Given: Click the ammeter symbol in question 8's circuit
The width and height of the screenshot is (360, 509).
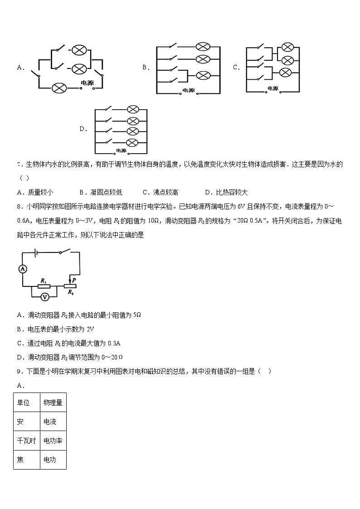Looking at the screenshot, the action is click(x=23, y=269).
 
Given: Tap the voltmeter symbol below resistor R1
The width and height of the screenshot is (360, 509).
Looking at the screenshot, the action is click(x=44, y=296).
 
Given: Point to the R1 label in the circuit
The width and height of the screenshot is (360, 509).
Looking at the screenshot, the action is click(x=44, y=281).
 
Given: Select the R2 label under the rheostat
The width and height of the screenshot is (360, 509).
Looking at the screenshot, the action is click(x=70, y=293).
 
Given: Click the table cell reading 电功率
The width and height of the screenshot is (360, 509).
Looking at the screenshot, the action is click(x=53, y=441).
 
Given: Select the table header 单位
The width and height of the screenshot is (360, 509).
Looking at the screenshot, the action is click(x=24, y=402).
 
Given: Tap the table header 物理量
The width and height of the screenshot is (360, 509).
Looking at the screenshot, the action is click(x=53, y=402).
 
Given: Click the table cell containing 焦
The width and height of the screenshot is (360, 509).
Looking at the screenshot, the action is click(x=21, y=460).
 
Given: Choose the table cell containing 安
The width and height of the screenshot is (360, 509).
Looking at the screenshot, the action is click(x=21, y=422).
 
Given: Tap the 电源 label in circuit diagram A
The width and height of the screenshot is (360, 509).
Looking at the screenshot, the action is click(x=87, y=82).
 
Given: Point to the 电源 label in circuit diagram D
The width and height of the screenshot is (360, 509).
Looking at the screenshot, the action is click(x=121, y=150).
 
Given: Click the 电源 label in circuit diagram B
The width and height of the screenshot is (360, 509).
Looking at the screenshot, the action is click(x=188, y=90).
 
